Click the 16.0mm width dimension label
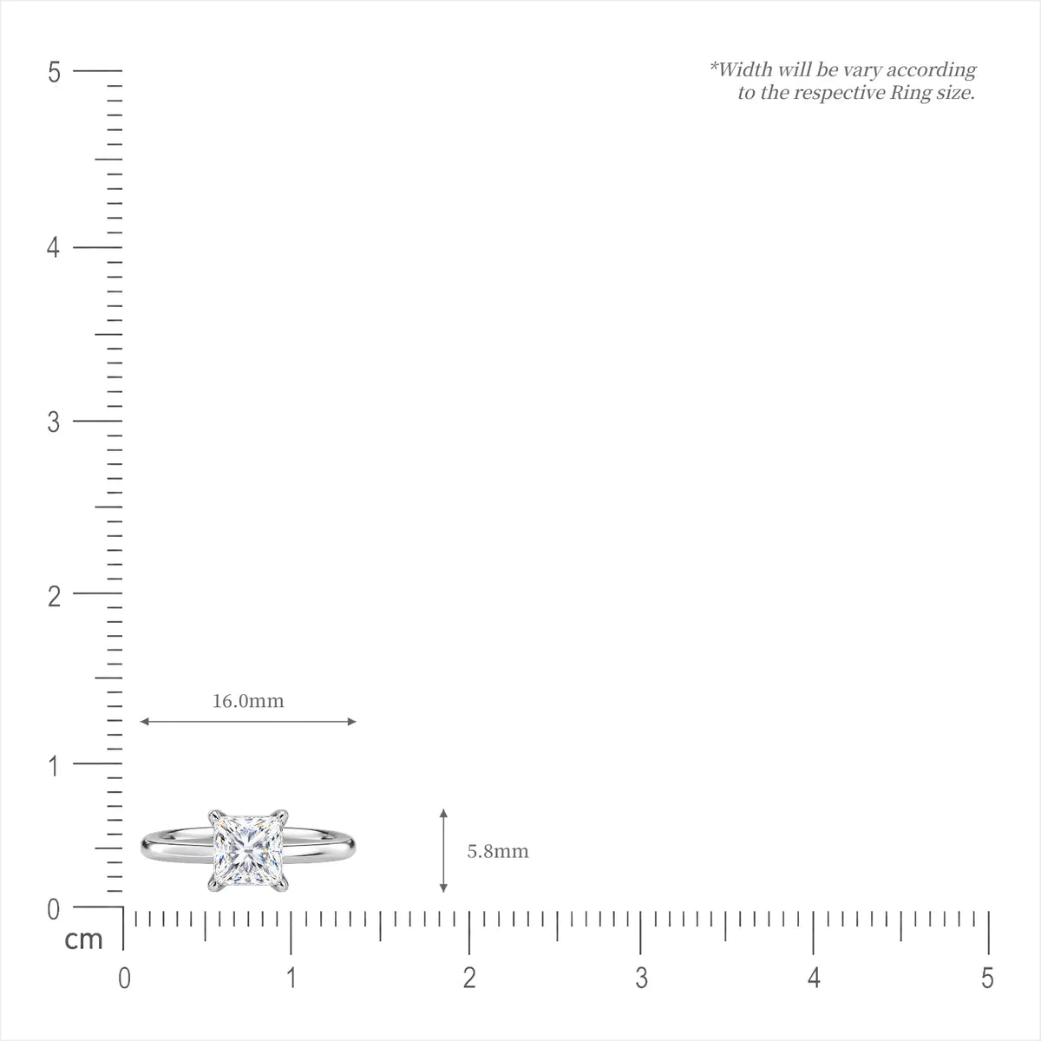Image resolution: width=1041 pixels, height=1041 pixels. [247, 701]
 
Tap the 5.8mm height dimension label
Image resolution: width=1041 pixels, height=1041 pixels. [498, 851]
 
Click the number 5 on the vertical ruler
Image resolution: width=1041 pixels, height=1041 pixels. [54, 72]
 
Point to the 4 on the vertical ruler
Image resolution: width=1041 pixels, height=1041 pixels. [53, 248]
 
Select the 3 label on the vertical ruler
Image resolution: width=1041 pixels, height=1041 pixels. [54, 422]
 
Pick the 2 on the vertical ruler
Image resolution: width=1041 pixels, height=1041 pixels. [54, 597]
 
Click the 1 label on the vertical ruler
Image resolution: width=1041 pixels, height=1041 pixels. [54, 767]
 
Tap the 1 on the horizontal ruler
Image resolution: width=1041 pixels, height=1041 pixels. [291, 979]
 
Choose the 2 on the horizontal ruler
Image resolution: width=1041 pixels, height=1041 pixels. [469, 979]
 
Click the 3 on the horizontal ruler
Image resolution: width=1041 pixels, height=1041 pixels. [641, 979]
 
